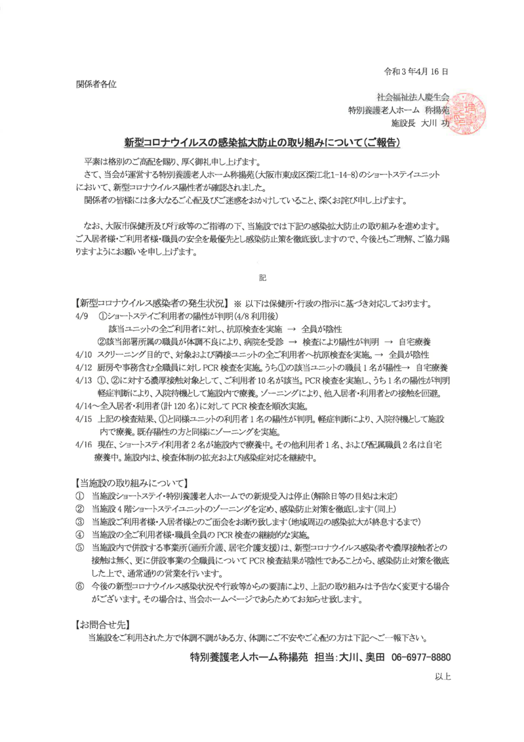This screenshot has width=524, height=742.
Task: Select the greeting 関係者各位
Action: point(96,84)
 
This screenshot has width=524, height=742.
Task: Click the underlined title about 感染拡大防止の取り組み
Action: point(262,142)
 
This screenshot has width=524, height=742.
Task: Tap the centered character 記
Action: point(262,278)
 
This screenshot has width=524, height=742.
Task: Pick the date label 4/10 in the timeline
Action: point(83,354)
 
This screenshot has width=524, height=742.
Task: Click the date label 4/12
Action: point(83,367)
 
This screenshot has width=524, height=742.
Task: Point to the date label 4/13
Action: point(83,381)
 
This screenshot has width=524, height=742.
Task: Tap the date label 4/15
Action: point(83,419)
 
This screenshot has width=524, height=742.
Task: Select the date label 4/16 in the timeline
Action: point(83,445)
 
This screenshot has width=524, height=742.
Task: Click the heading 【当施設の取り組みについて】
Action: point(132,483)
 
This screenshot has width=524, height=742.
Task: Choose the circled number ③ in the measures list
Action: point(80,522)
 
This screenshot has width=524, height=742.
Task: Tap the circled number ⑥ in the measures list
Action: point(80,585)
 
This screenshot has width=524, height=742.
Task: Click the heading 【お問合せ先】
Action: point(102,623)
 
